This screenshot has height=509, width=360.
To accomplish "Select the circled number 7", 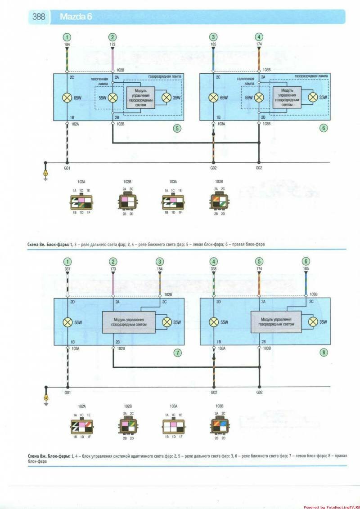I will tap(178, 352).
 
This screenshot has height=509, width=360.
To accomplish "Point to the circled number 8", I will tap(323, 352).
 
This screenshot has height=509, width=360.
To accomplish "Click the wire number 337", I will tap(67, 269).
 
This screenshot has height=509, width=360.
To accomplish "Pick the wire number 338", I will tap(213, 269).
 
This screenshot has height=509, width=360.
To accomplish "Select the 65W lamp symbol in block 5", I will tap(67, 97).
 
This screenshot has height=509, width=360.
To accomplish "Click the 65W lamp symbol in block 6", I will tap(213, 97).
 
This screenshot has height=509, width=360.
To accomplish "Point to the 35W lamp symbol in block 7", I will tap(166, 322).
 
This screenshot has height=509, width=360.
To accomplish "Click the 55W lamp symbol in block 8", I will tap(213, 322).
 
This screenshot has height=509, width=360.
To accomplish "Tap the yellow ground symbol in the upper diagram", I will tap(45, 174).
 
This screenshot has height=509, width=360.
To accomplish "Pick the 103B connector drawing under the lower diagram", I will tap(219, 424).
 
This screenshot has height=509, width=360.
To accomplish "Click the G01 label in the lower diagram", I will tap(67, 393).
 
